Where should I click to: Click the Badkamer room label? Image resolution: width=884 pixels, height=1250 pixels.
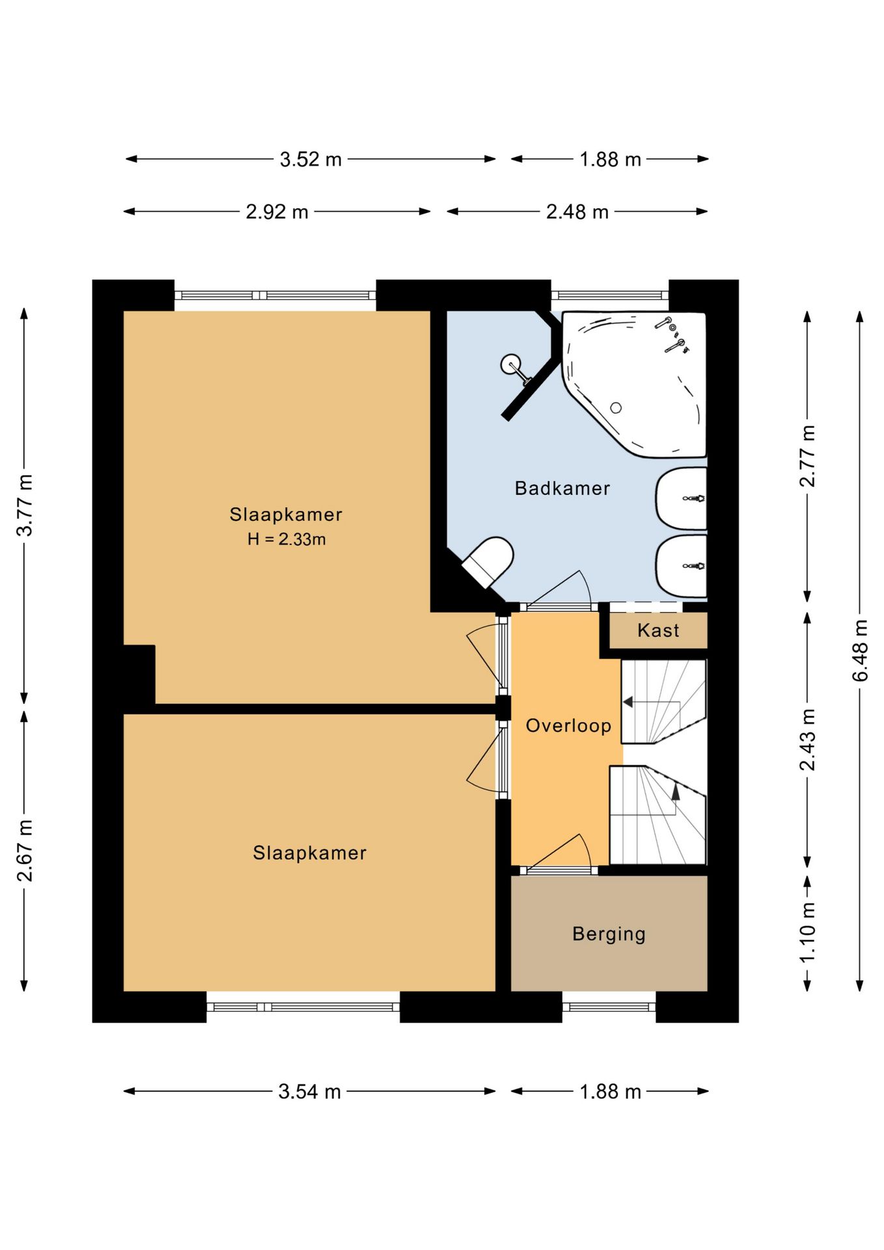(562, 488)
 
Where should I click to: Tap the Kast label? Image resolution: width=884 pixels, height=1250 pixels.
(658, 630)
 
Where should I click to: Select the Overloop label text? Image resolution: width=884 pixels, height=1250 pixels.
(568, 726)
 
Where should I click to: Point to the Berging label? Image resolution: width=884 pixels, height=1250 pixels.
(609, 934)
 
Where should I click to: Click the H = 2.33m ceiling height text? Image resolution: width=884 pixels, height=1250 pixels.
(286, 539)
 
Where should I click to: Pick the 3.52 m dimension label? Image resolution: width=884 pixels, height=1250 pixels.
(311, 160)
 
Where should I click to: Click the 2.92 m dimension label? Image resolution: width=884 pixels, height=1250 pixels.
(277, 212)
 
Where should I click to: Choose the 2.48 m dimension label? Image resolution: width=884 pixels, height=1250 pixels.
(577, 212)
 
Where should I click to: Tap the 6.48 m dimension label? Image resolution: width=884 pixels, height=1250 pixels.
(860, 650)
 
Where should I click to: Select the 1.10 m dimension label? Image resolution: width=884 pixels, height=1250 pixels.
(807, 933)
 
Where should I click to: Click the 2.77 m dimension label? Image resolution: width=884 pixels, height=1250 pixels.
(807, 456)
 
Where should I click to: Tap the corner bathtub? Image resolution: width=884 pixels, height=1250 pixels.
(635, 384)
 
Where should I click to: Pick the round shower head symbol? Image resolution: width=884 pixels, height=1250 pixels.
(511, 364)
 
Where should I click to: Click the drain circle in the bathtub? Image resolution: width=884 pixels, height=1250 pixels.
(615, 408)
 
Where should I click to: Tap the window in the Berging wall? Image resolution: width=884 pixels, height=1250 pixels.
(609, 1007)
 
